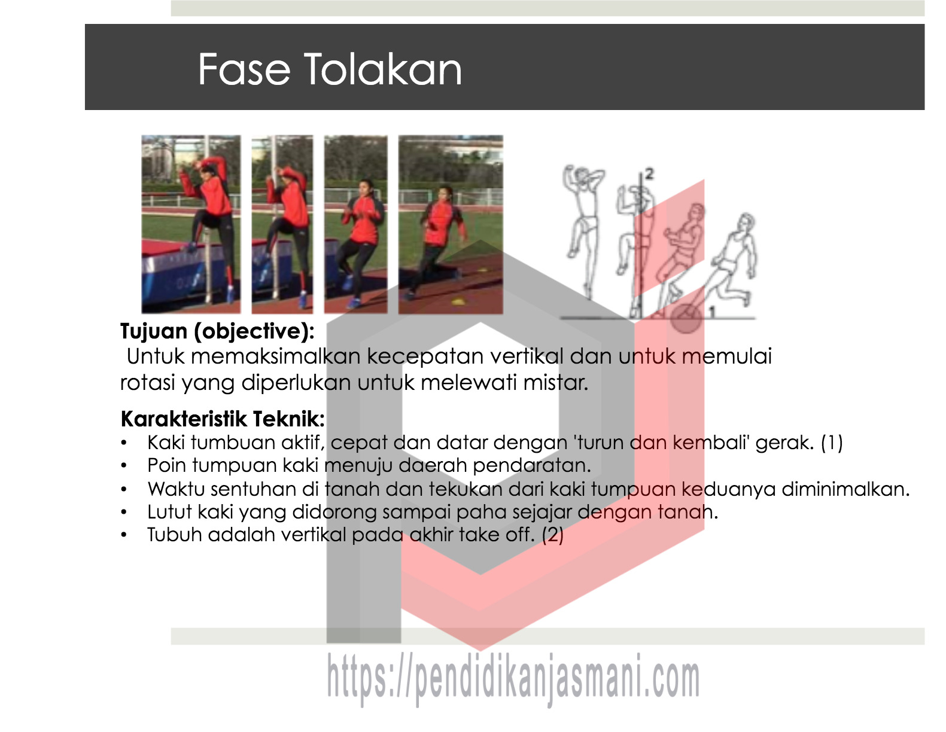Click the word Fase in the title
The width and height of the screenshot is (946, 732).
point(244,69)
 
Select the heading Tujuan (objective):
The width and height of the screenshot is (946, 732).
point(217,332)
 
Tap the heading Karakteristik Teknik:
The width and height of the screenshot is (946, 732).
point(223,419)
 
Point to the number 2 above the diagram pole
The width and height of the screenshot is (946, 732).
point(649,175)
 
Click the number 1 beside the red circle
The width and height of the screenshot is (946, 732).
point(712,312)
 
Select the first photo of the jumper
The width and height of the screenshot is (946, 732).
point(191,224)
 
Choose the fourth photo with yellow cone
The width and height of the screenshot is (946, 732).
point(451,224)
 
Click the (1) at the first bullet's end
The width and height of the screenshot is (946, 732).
point(832,443)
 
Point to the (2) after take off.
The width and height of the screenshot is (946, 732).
point(553,535)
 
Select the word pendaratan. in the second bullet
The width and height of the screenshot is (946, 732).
point(532,466)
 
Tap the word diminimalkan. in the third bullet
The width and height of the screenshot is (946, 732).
point(846,489)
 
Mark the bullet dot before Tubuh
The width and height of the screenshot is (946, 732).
point(124,535)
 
